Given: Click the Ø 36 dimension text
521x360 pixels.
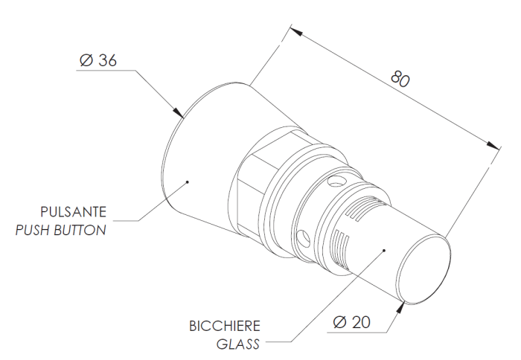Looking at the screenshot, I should click(97, 62).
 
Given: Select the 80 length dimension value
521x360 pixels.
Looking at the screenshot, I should click(400, 80).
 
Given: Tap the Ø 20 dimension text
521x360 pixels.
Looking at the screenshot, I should click(352, 323).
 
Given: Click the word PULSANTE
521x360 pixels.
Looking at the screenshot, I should click(74, 210).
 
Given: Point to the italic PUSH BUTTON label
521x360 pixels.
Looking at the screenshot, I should click(61, 230).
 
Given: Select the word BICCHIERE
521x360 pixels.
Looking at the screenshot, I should click(225, 326).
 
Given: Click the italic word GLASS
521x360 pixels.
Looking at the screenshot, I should click(238, 344).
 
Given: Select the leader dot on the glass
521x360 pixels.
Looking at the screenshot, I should click(383, 251).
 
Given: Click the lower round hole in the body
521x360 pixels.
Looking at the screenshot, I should click(302, 237).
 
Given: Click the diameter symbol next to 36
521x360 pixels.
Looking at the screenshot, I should click(84, 62).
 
